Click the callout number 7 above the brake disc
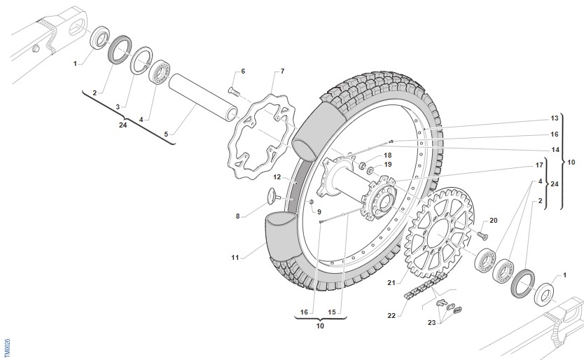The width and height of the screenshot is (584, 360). point(281,71)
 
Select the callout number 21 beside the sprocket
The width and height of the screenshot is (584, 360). point(391,283)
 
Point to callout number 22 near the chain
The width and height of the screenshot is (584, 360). point(391,316)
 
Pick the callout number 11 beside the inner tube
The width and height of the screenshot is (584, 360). point(236,257)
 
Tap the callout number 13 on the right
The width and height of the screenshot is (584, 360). point(554,118)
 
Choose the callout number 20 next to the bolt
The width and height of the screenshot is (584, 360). point(493,221)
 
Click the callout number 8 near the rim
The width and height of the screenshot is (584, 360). point(237,216)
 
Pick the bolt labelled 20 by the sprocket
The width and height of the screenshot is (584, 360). point(481,232)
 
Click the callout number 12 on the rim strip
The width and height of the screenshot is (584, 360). point(277,176)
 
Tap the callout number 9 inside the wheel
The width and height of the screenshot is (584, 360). point(319,212)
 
